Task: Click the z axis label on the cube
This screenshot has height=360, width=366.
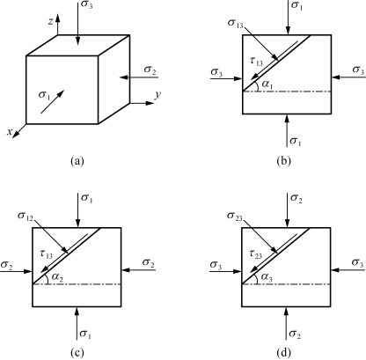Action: point(51,21)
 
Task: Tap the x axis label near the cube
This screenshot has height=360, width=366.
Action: point(10,132)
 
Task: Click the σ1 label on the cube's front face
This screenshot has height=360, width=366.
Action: point(44,95)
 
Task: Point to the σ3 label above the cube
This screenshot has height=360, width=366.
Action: point(87,5)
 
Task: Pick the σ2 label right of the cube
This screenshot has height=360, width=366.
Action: point(150,70)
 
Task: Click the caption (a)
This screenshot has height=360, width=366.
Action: point(77,161)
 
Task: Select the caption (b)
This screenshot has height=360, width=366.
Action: point(283,161)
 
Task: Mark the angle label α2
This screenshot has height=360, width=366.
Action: point(57,276)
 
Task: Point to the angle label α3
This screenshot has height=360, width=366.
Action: point(267,276)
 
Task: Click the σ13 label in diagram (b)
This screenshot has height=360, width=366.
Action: point(236,24)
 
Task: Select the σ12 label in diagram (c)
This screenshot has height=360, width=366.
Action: point(26,216)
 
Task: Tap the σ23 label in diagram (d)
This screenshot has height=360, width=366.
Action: point(235,217)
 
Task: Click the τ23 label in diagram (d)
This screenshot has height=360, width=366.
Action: point(256,254)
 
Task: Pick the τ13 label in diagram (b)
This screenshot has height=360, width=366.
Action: point(257,62)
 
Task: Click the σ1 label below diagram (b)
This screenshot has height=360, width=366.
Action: point(296,142)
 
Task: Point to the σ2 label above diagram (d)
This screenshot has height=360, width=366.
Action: point(296,198)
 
